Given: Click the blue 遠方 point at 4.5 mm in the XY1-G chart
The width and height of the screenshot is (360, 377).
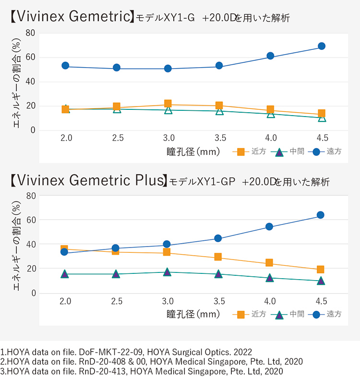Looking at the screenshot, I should click(322, 46).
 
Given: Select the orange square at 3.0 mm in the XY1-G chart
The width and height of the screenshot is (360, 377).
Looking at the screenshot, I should click(168, 104).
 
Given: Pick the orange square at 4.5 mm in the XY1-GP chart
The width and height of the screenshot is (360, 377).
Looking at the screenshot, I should click(321, 270).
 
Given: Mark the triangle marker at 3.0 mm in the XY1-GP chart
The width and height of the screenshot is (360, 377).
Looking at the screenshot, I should click(167, 272).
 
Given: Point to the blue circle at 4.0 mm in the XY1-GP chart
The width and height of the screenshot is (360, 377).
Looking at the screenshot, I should click(269, 226).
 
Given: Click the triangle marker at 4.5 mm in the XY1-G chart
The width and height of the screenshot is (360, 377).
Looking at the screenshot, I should click(322, 118).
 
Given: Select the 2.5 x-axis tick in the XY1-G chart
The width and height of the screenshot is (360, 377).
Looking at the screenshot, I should click(118, 139).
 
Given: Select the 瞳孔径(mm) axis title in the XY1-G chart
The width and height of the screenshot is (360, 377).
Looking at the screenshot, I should click(193, 152).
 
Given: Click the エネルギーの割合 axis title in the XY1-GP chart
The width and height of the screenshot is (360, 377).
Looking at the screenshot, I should click(16, 244).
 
